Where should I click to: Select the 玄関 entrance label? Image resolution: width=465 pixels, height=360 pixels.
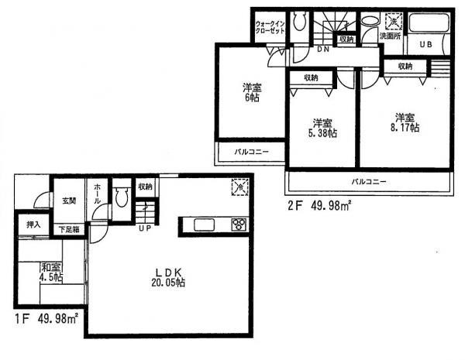(68, 201)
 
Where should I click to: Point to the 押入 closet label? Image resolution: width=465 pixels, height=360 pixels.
(33, 226)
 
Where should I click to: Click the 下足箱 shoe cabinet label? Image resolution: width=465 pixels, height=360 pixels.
(70, 230)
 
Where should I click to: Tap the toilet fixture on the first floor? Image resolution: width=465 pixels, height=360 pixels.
(120, 197)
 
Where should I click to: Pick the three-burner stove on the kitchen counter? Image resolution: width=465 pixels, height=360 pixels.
(237, 225)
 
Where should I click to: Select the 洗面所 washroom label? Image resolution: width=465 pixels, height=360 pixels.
(391, 36)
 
